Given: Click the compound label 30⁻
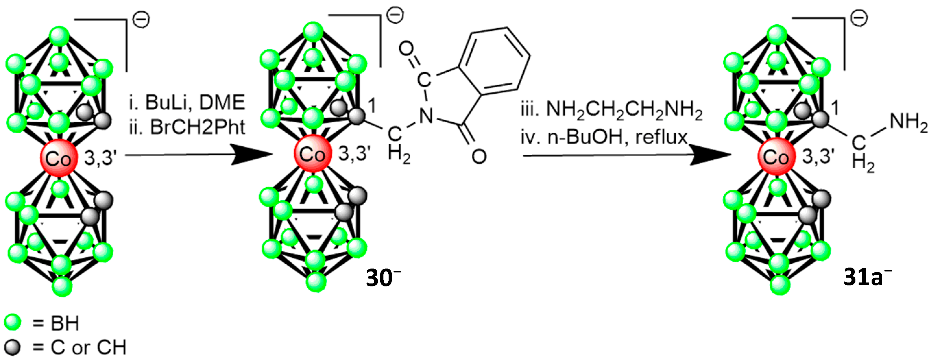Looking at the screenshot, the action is tap(383, 278).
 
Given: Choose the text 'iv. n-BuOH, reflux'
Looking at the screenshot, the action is tap(604, 137).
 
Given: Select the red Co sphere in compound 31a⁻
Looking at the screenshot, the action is tap(776, 157).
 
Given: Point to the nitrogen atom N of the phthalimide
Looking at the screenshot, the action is tap(426, 115).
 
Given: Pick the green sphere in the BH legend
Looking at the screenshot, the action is tap(13, 322).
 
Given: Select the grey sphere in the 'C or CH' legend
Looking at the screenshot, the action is tap(13, 347).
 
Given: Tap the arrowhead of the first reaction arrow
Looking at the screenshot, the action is tap(253, 155).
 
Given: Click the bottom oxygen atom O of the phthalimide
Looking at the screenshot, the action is tap(479, 156).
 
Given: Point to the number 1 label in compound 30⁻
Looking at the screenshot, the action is tap(372, 105).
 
